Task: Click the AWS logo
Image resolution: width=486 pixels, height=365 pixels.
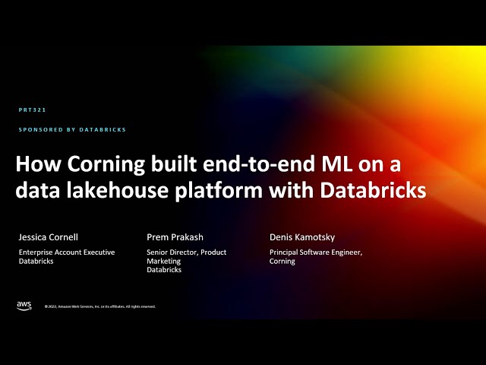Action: point(24,306)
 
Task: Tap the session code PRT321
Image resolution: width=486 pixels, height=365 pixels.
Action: point(33,110)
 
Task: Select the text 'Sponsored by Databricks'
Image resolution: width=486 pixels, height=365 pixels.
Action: point(72,130)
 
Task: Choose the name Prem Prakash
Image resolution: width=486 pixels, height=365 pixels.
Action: point(175,236)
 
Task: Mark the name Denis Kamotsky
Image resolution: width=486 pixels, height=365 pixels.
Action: point(301,236)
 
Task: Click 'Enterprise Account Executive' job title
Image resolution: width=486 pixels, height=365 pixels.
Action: point(66,252)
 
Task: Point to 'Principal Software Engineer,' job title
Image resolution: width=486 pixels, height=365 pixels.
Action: point(316,252)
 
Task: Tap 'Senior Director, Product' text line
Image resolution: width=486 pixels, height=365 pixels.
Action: point(186,252)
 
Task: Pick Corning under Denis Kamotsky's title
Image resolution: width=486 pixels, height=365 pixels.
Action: point(282,261)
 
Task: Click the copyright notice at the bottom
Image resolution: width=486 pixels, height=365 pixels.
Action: point(99,306)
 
